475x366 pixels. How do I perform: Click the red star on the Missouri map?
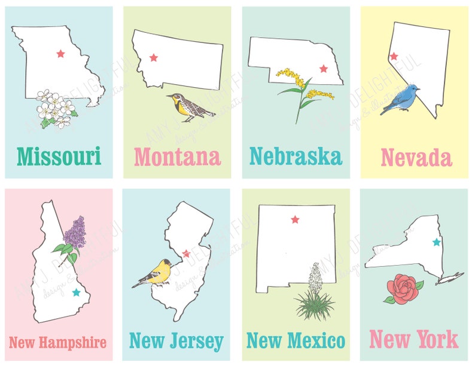[x=60, y=54]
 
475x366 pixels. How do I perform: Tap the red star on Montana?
[x=153, y=57]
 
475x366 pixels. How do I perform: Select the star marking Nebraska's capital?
[x=324, y=69]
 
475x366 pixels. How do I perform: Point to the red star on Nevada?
[x=394, y=56]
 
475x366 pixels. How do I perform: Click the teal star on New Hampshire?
[x=75, y=292]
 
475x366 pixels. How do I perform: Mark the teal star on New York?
[x=436, y=242]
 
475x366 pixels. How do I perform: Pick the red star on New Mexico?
[x=294, y=219]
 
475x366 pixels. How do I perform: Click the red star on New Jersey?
[x=186, y=253]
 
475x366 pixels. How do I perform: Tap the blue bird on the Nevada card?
[x=401, y=99]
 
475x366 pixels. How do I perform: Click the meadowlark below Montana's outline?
[x=190, y=107]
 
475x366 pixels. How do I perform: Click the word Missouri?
[x=59, y=156]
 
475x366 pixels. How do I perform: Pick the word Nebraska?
[x=296, y=156]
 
